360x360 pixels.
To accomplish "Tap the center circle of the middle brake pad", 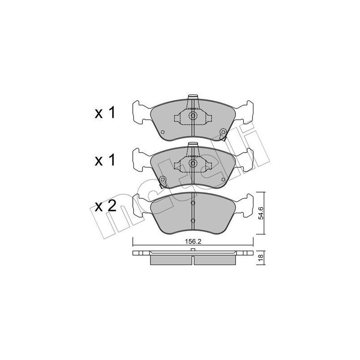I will (x=193, y=163).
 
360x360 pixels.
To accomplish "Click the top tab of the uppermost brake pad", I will (x=193, y=96).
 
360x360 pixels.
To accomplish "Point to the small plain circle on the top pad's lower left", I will (x=163, y=132).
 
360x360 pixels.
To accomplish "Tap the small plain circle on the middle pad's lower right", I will (x=222, y=179).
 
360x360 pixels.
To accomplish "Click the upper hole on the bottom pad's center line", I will (x=193, y=204).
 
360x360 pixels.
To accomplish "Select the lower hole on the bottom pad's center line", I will (x=193, y=220).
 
